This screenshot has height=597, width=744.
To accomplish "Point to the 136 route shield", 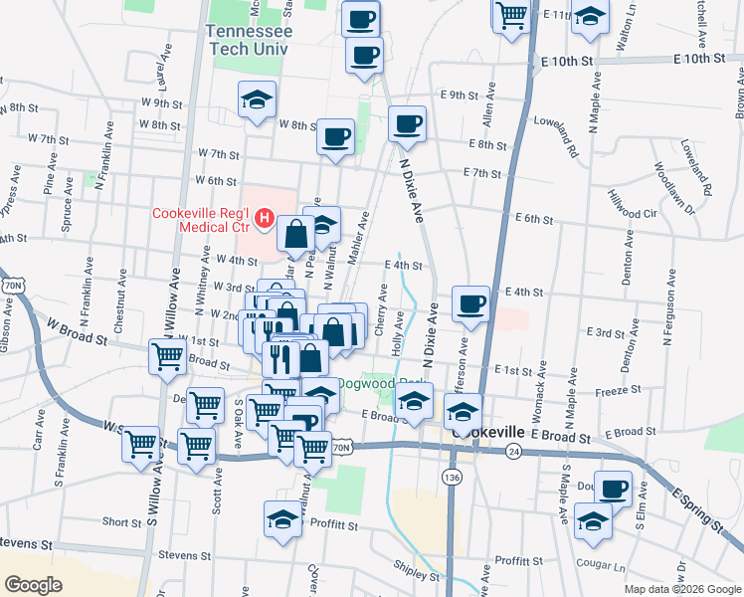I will point(453,479).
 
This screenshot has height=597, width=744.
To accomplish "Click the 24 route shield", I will point(513,451).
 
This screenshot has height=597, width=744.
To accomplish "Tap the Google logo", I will point(34,585).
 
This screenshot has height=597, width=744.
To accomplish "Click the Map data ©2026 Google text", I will point(682,589).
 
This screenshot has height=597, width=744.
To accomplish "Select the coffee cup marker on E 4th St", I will point(469,303).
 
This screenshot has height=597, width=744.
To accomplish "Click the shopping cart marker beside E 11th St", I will point(511,15).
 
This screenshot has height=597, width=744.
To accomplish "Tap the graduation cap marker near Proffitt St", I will point(282,519).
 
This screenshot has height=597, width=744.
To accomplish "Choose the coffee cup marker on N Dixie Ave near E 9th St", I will point(407,124).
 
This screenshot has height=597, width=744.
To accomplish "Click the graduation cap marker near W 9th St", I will point(257,99).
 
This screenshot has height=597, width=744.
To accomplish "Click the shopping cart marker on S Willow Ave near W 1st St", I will point(168,356).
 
